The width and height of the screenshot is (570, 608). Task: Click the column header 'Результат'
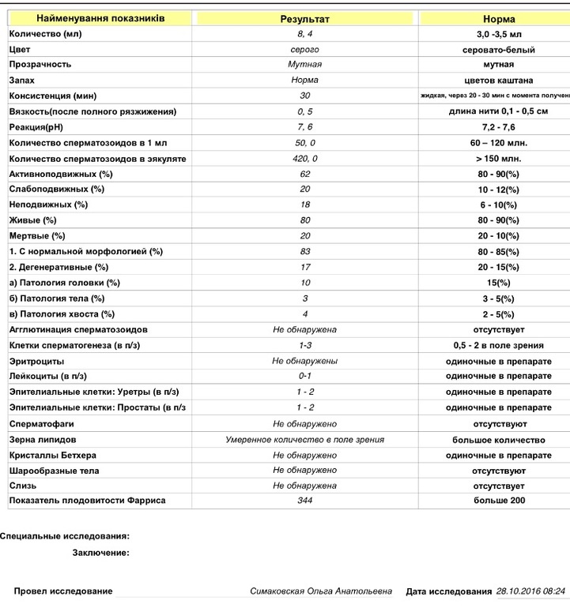pos(305,18)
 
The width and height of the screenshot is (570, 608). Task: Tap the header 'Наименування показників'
pos(100,17)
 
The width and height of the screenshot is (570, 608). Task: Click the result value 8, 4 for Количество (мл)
pos(305,34)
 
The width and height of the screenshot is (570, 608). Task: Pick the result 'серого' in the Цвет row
pos(305,50)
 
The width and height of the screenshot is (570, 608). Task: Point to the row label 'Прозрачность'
pos(40,65)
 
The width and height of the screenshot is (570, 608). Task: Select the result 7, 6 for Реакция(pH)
pos(305,127)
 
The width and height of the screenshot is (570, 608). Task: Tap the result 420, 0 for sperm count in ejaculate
pos(305,158)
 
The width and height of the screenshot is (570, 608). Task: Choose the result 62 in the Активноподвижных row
pos(305,174)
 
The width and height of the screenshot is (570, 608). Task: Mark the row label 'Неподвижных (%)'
pos(48,205)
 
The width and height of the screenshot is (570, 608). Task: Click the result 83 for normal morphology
pos(305,251)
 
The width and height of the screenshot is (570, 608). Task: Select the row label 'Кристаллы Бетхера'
pos(55,456)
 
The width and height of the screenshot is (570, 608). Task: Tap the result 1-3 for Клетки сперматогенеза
pos(305,345)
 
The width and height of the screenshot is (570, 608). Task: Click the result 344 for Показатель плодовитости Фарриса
pos(305,501)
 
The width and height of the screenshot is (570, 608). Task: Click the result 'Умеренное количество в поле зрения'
pos(305,440)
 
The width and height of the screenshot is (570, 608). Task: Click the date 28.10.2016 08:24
pos(530,591)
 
